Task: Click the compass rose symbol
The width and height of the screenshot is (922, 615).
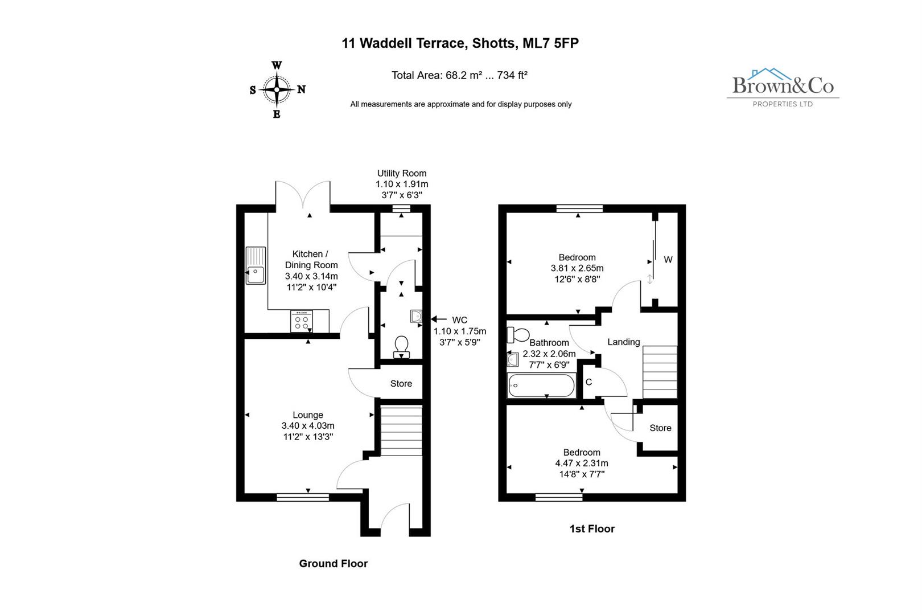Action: tap(277, 89)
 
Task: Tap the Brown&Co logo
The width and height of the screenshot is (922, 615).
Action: tap(783, 87)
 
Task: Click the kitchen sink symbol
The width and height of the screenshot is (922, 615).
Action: tap(256, 265)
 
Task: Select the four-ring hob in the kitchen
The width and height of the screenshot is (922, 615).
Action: tap(302, 321)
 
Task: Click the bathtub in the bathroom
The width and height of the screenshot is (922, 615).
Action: tap(541, 386)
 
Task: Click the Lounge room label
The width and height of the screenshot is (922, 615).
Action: tap(308, 415)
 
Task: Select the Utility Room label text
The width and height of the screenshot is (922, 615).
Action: tap(402, 173)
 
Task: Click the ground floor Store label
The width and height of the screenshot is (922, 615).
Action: tap(401, 384)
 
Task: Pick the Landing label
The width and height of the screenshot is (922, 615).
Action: tap(624, 342)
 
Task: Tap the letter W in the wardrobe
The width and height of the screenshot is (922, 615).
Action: tap(668, 260)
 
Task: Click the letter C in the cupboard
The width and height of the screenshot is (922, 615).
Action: tap(589, 382)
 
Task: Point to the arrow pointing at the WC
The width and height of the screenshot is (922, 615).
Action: tap(439, 319)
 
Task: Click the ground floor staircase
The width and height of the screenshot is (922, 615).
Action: tap(401, 431)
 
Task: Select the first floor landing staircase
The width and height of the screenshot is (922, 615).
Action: tap(660, 372)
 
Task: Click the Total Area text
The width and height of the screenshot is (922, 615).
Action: tap(459, 75)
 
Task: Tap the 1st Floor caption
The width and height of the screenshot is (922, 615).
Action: tap(592, 528)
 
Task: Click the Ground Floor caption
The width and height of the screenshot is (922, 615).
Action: tap(334, 563)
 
